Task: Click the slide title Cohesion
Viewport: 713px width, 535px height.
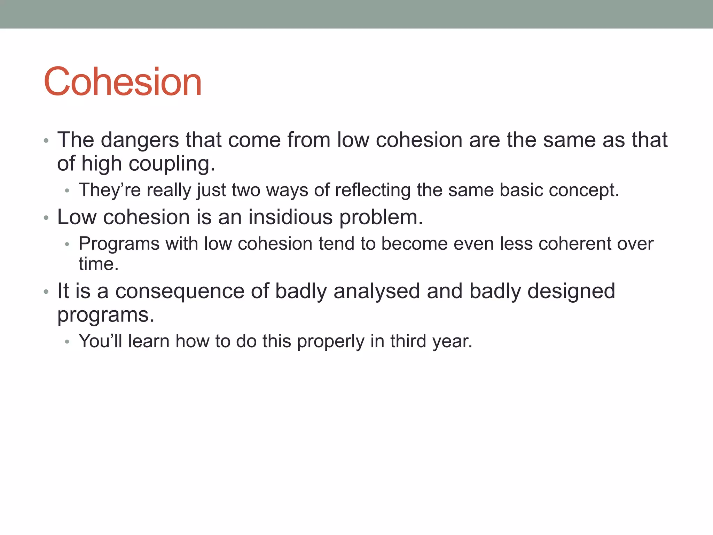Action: [x=123, y=82]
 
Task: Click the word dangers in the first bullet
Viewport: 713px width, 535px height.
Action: [x=140, y=140]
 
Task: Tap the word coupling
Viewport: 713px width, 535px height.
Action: [x=172, y=164]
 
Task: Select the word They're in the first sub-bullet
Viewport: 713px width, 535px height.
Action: [x=110, y=190]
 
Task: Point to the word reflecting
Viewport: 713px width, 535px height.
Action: [x=373, y=190]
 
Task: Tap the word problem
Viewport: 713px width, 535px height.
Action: [x=381, y=218]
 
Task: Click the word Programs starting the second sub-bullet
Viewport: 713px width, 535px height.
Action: [x=119, y=244]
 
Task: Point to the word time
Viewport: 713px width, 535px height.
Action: [x=99, y=264]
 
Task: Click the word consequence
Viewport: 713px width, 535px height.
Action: [x=180, y=291]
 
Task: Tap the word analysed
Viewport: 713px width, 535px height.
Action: [x=376, y=291]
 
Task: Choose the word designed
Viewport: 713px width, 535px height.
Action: [x=571, y=291]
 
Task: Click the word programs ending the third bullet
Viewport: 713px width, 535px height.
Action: [x=105, y=316]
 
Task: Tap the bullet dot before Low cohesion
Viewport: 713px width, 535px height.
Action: [x=46, y=218]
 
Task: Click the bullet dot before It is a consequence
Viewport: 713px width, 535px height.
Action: [x=46, y=292]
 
